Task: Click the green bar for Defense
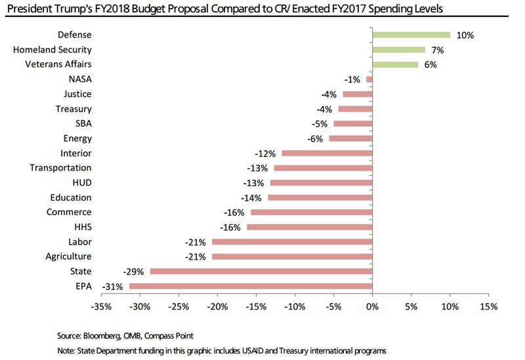point(411,35)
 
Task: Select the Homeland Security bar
point(399,50)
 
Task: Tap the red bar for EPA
point(251,286)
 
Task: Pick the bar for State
point(261,271)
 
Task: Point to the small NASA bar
point(369,79)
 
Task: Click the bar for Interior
point(327,153)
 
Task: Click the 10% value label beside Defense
point(465,35)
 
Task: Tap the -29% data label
point(133,271)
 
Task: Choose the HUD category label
point(81,183)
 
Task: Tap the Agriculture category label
point(69,256)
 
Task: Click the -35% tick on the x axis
point(102,307)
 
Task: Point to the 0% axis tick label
point(372,307)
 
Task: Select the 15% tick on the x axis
point(488,307)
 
